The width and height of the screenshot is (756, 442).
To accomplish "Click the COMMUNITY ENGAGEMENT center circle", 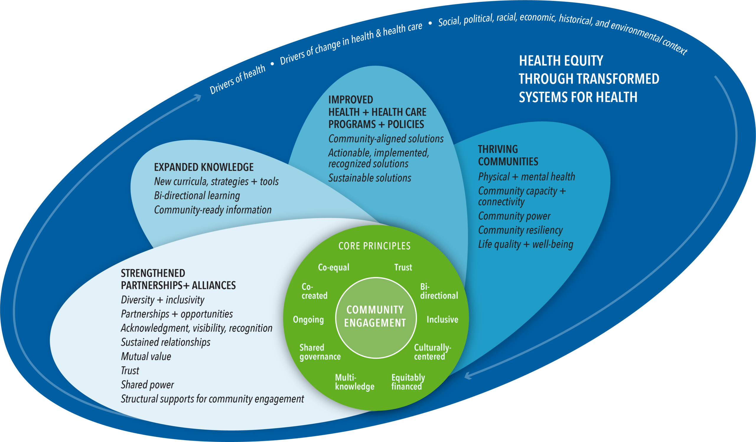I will (x=375, y=317).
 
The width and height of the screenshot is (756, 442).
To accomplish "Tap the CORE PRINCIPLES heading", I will (x=374, y=246).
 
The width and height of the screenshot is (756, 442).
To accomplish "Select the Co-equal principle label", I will (x=334, y=267).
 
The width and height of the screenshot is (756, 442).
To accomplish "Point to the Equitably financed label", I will (x=408, y=382).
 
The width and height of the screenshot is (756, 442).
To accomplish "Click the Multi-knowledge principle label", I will (x=354, y=382).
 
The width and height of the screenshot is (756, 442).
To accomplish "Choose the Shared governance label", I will (x=320, y=352).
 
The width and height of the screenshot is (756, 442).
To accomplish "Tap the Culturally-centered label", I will (x=432, y=352).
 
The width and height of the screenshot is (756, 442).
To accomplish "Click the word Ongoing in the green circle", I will (x=308, y=320).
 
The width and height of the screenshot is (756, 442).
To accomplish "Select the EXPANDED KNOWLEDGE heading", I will (x=204, y=167).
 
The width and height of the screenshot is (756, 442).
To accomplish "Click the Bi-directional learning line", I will (x=197, y=195).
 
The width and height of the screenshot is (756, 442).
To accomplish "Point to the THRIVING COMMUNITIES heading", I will (x=508, y=155).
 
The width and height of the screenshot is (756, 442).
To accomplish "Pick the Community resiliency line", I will (x=520, y=230).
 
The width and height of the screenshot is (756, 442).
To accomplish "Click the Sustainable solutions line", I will (x=370, y=178).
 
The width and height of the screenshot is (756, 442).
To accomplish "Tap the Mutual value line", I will (x=146, y=356).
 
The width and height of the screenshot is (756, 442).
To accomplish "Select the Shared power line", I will (x=147, y=385).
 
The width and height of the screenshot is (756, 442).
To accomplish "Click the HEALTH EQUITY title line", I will (x=561, y=61).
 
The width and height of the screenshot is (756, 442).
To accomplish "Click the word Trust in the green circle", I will (x=403, y=267).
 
